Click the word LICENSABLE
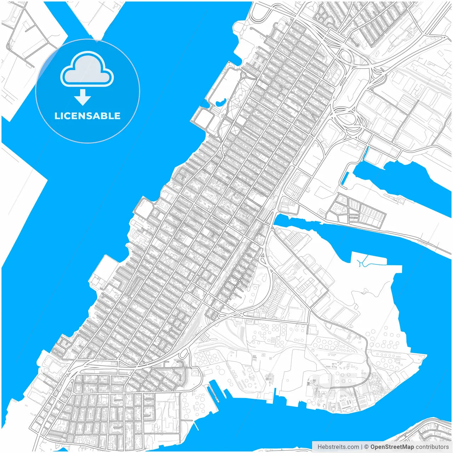click(87, 116)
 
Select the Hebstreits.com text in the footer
click(338, 447)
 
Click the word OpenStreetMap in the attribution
click(392, 447)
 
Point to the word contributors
click(432, 447)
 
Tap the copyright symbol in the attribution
click(367, 447)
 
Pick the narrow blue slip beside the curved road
click(345, 179)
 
